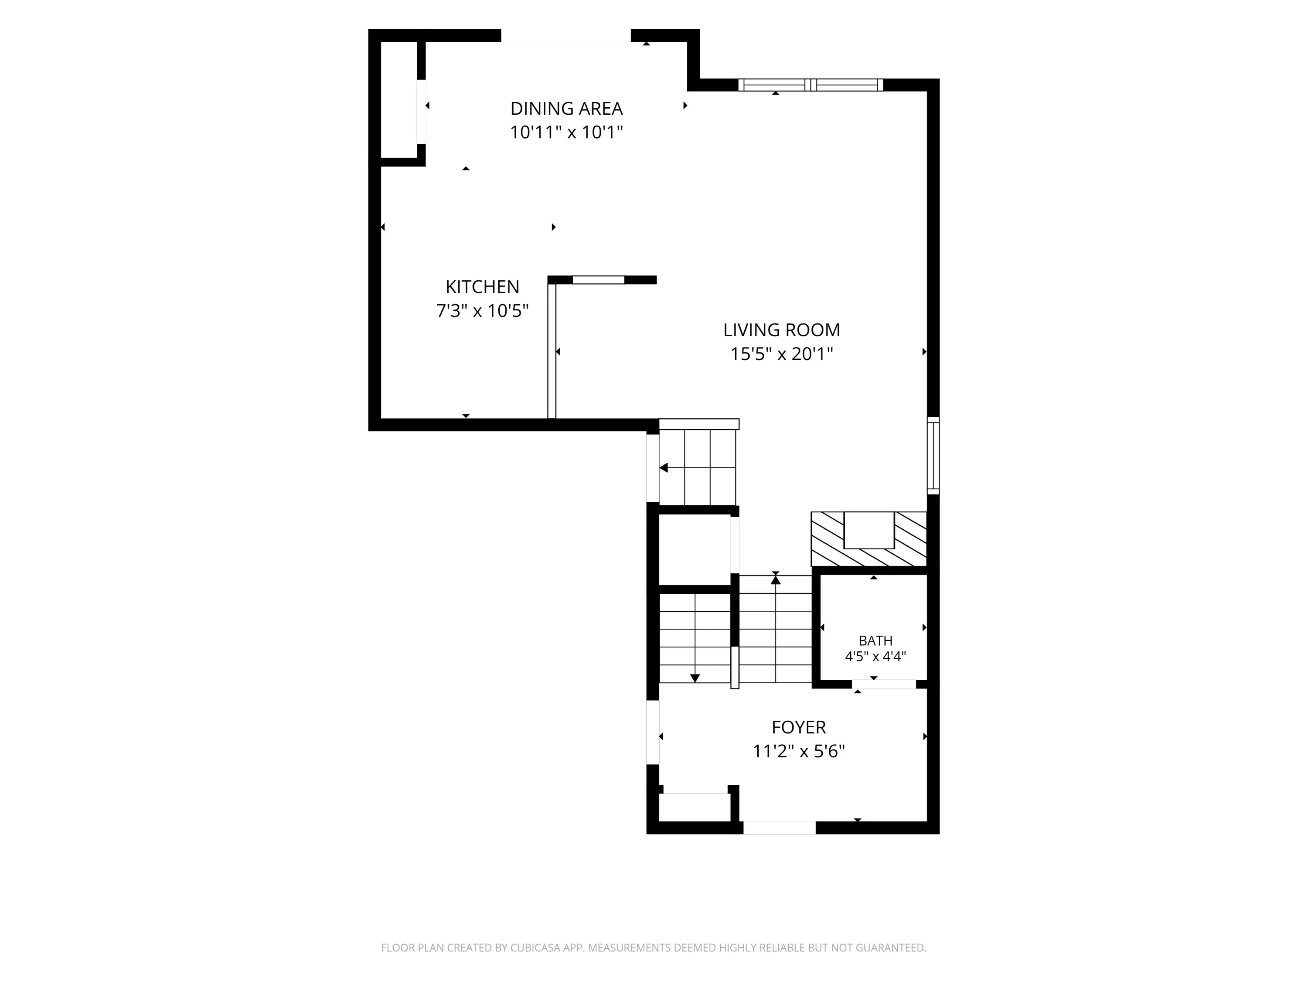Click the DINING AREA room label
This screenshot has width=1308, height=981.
566,109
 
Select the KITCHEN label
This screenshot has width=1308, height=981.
483,287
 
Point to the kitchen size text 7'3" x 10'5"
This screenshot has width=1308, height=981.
483,310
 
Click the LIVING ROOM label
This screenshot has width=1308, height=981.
782,330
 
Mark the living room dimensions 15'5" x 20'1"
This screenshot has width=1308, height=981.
782,354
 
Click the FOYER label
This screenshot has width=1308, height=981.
799,727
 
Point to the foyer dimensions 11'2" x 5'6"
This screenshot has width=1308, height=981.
799,751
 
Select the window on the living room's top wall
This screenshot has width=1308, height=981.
811,85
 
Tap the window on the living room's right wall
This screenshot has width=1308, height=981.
933,455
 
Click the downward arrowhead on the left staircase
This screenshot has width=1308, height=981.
695,678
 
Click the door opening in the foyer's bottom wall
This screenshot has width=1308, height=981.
780,828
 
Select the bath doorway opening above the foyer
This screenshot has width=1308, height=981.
884,684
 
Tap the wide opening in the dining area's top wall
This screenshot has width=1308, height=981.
566,35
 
